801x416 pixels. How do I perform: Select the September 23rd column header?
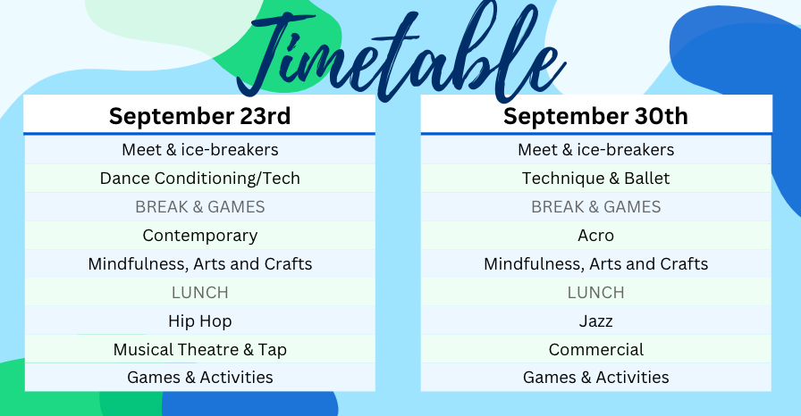(199, 116)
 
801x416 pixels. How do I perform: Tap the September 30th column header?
(595, 116)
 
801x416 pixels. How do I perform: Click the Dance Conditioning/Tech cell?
(199, 179)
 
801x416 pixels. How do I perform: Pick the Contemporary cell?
(199, 236)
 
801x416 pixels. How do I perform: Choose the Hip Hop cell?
(199, 321)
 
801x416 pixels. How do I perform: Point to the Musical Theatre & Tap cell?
(199, 350)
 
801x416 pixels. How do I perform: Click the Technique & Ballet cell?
(595, 179)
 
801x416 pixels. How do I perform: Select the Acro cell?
(595, 236)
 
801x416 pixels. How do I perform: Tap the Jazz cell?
(595, 321)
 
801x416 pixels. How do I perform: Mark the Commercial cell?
(595, 350)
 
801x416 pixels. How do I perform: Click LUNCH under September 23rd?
(199, 293)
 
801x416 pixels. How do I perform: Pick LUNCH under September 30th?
(595, 293)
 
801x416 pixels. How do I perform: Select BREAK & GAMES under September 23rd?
(199, 207)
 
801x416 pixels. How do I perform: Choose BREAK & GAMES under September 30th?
(595, 207)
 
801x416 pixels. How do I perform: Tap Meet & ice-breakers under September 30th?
(595, 150)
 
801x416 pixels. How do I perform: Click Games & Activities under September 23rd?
(199, 378)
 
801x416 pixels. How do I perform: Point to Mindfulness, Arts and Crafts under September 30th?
(595, 264)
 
